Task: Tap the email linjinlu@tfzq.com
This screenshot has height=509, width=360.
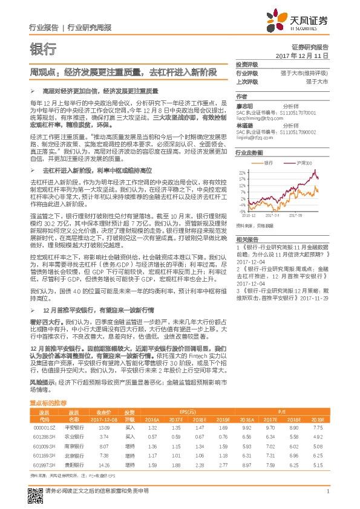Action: (x=257, y=137)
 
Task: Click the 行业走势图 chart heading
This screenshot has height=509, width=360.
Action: (x=249, y=154)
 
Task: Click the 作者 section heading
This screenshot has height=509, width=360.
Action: (x=241, y=96)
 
